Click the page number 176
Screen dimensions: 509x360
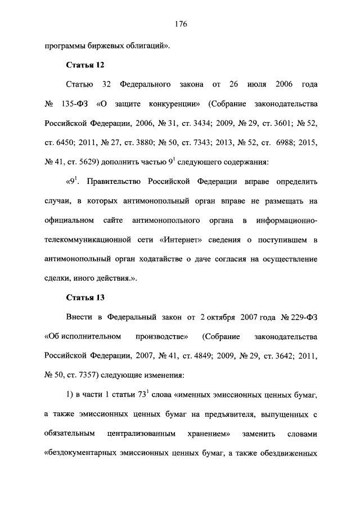[x=180, y=24]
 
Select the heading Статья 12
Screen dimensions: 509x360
[x=85, y=65]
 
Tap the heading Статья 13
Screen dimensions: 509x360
[x=85, y=296]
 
